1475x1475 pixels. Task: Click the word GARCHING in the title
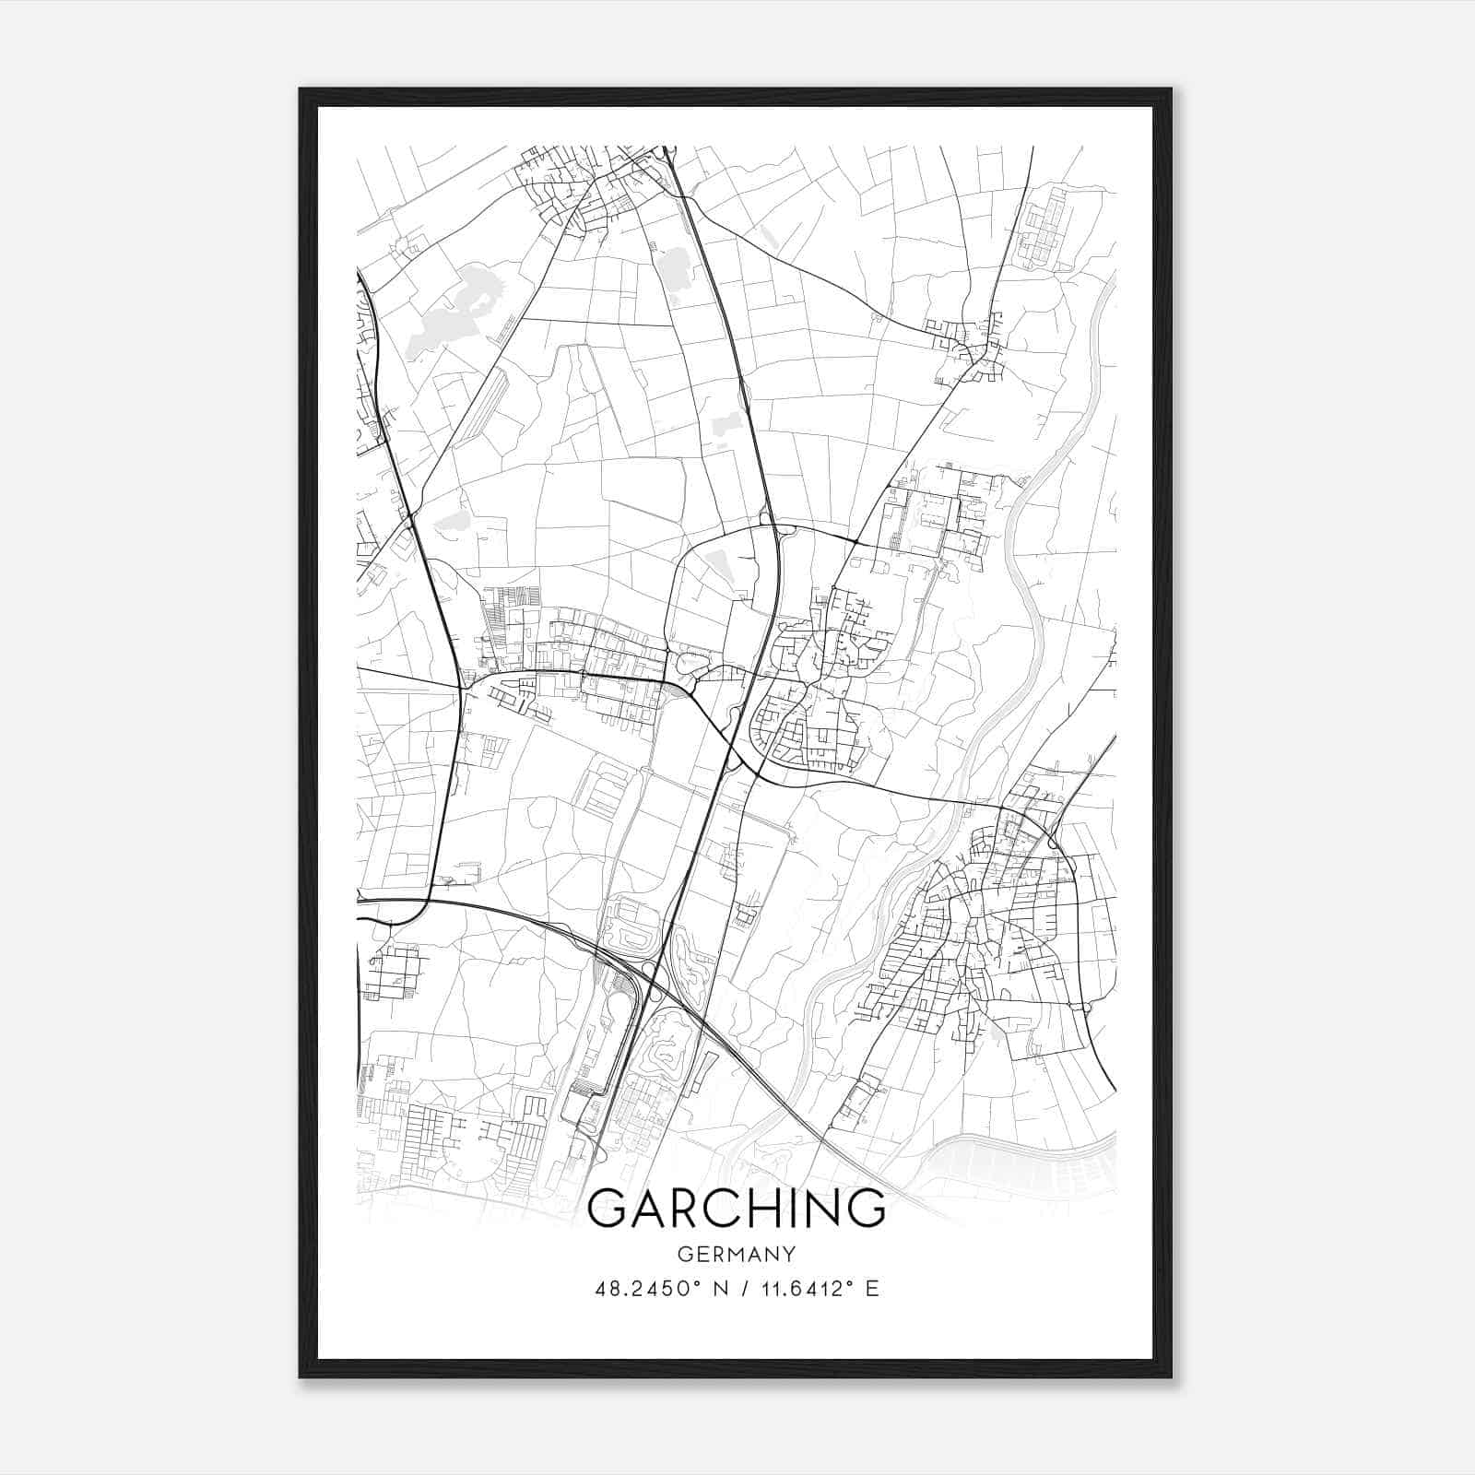pos(736,1208)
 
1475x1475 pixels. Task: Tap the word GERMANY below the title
pos(736,1254)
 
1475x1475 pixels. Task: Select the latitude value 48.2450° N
pos(660,1289)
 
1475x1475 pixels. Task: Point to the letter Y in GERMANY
pos(789,1254)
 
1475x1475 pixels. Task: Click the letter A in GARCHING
pos(647,1208)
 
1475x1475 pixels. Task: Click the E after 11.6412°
pos(872,1289)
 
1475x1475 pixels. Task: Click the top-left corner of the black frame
pos(301,89)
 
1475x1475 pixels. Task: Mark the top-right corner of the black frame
pos(1171,89)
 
